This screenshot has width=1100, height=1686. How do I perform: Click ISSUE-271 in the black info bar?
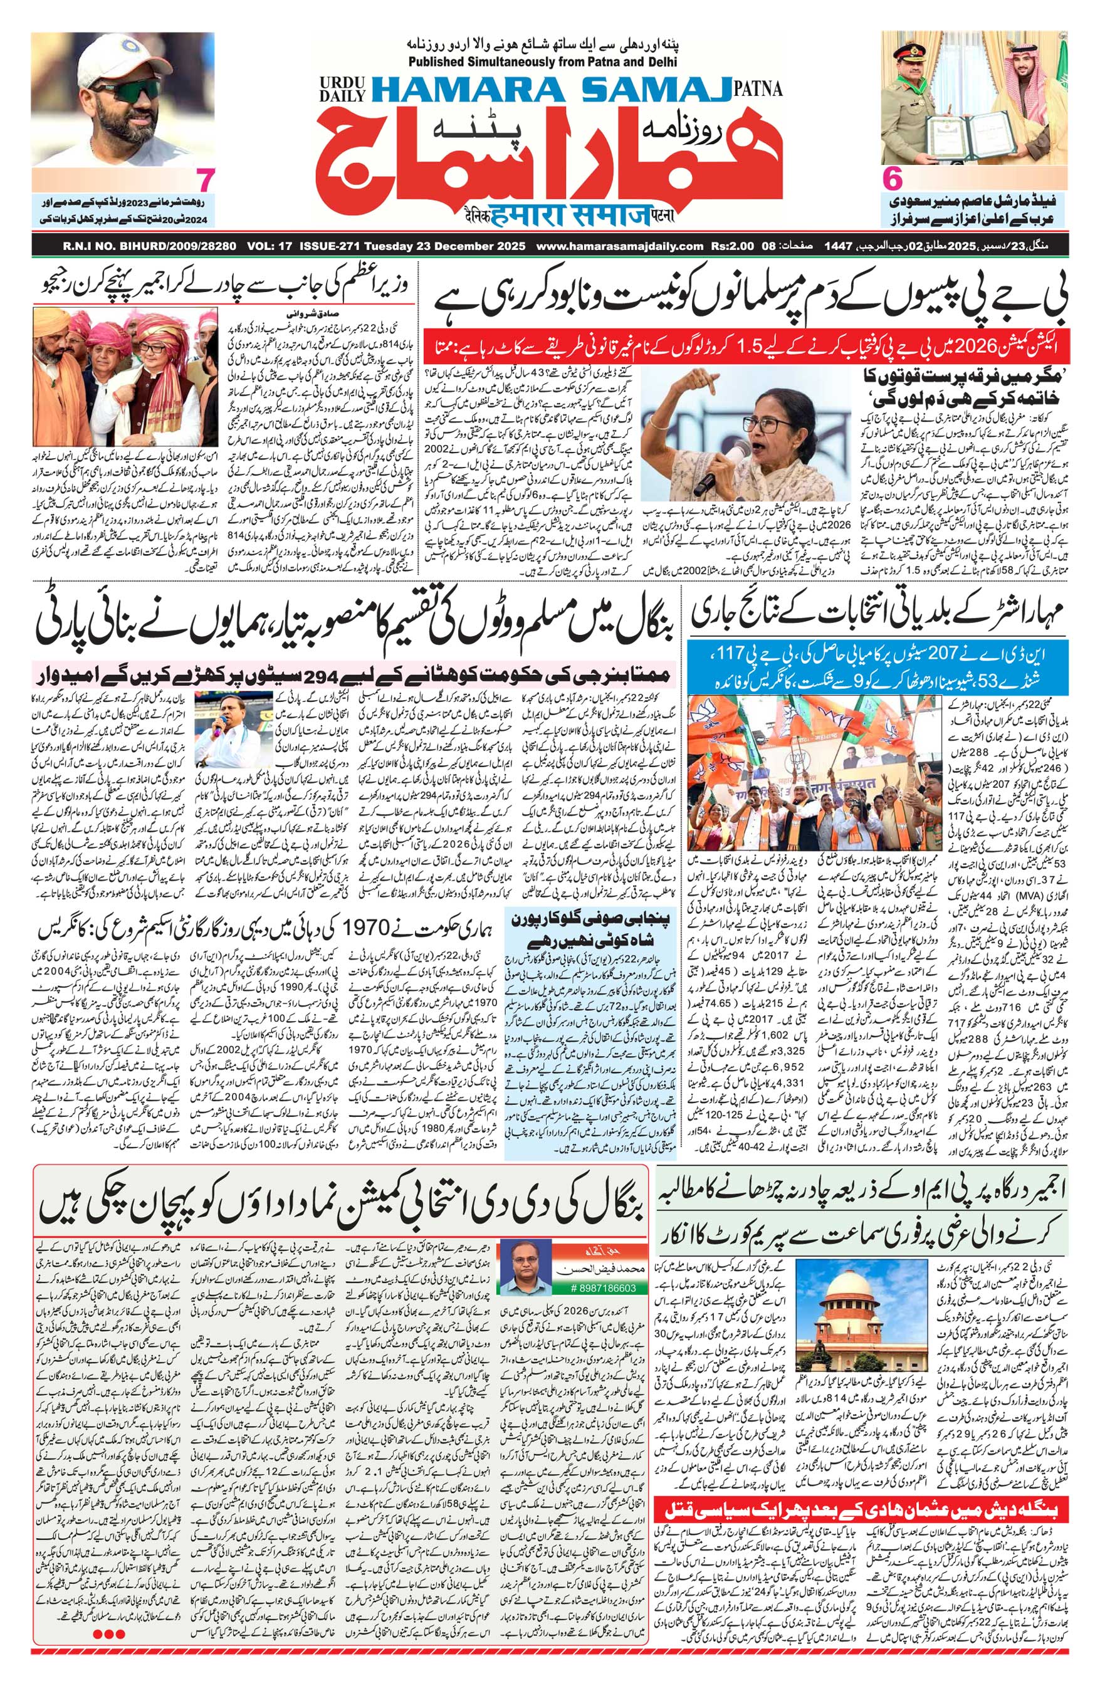click(331, 246)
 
